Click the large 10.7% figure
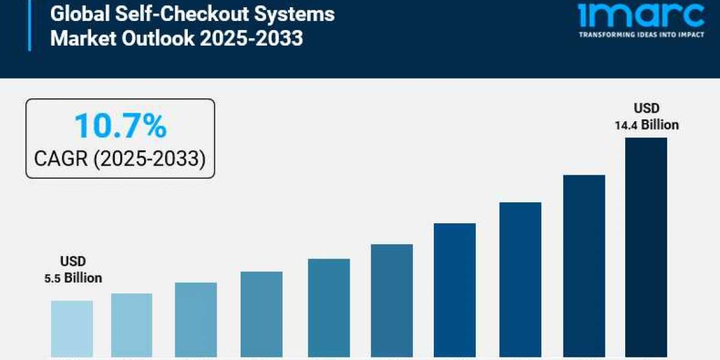pos(120,127)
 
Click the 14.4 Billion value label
pos(646,125)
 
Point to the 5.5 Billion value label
pos(73,278)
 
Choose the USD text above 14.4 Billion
pos(646,109)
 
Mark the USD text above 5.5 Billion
pos(73,262)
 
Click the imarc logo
pos(641,15)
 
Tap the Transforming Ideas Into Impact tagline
pos(641,35)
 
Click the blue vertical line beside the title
pos(29,25)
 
